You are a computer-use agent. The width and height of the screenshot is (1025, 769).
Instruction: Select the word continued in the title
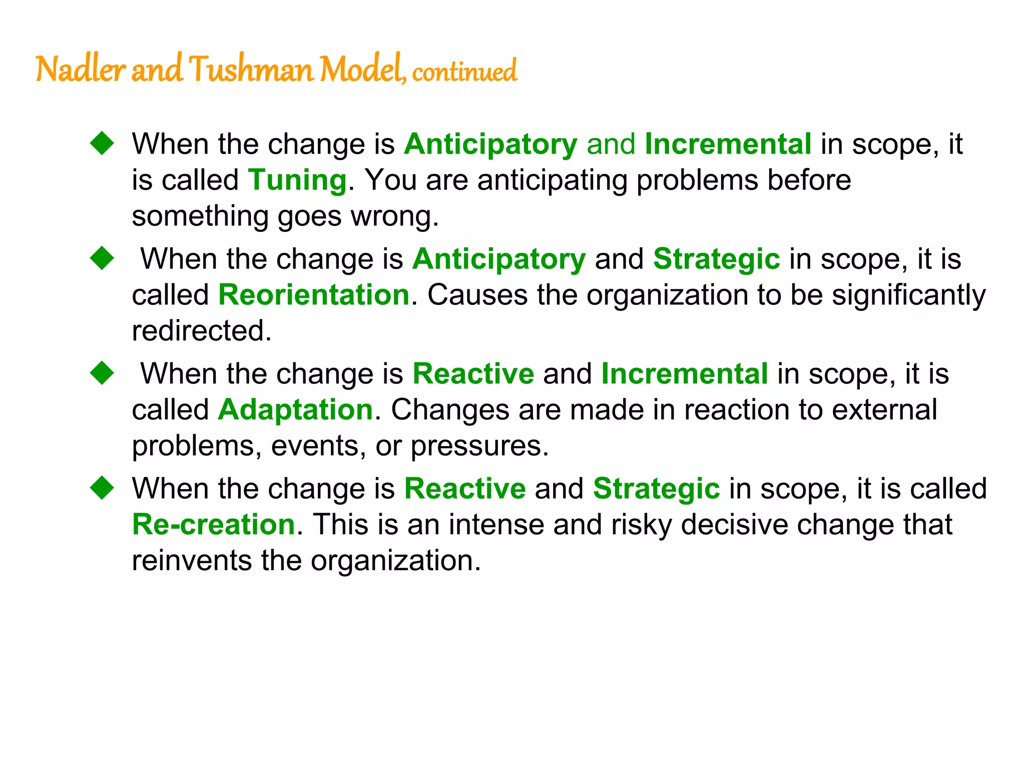click(464, 71)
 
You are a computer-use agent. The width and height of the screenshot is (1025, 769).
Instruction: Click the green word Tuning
click(297, 180)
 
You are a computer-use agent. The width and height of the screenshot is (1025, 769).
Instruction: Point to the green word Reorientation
click(314, 294)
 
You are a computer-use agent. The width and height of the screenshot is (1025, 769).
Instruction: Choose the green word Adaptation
click(295, 410)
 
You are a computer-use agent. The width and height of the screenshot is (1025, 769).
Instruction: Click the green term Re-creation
click(214, 524)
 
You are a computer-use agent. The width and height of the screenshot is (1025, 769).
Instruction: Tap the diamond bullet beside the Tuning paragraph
click(102, 143)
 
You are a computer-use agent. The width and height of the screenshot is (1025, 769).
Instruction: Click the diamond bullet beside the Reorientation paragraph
click(102, 258)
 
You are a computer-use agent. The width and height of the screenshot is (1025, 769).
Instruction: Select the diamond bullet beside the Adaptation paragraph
click(102, 373)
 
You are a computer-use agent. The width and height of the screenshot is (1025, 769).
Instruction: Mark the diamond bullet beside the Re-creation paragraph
click(102, 488)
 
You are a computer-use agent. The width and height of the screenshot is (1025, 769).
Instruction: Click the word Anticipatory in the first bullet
click(490, 144)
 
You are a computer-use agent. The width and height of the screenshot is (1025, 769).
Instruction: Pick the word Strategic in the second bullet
click(716, 259)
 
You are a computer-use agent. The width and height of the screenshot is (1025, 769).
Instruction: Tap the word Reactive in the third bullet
click(473, 373)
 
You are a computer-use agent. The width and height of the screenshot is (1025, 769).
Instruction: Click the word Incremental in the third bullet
click(684, 373)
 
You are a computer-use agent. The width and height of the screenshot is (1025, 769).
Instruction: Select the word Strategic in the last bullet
click(656, 488)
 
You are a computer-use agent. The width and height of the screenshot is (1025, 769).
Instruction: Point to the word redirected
click(201, 330)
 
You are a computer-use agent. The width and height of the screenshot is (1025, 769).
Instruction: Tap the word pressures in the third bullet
click(479, 446)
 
